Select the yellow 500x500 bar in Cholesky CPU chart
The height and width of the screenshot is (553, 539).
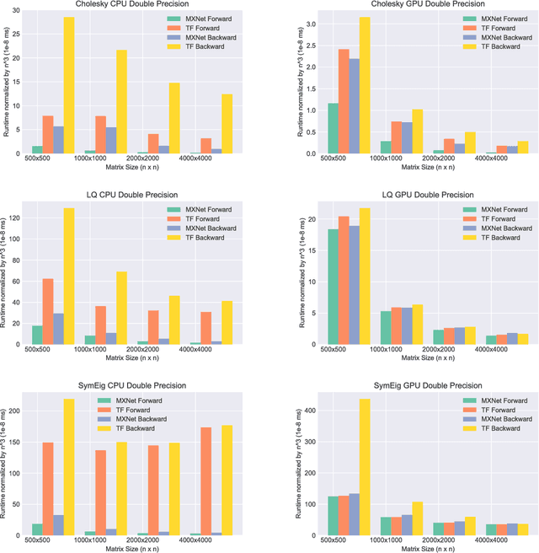69,84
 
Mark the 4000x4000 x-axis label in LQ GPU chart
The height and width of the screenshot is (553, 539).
502,349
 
